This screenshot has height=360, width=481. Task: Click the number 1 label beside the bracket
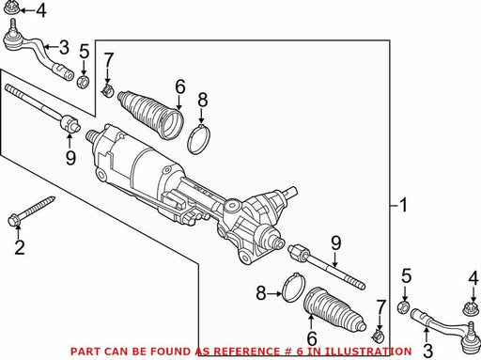(x=404, y=205)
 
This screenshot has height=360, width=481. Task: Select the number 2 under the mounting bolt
(x=20, y=247)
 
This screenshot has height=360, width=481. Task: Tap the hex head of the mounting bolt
(x=13, y=220)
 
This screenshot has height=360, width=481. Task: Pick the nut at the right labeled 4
(x=471, y=309)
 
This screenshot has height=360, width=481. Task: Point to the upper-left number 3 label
(x=64, y=48)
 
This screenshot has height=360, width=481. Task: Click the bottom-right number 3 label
(x=427, y=351)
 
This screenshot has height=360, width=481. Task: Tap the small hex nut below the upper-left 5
(x=84, y=82)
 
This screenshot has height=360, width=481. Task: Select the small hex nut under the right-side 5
(x=404, y=307)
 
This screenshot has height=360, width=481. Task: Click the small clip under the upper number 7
(x=107, y=90)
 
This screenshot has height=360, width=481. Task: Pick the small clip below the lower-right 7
(x=379, y=337)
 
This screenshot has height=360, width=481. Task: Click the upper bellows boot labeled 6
(x=150, y=115)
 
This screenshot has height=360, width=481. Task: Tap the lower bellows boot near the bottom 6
(x=334, y=309)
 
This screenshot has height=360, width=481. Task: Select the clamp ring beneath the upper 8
(x=199, y=139)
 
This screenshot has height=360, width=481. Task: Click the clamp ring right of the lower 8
(x=293, y=288)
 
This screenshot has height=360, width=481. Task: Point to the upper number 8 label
(x=203, y=101)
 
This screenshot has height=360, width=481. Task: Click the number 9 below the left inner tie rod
(x=70, y=157)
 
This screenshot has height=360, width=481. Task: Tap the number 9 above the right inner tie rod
(x=335, y=243)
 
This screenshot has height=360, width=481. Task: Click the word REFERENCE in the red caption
(x=239, y=352)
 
